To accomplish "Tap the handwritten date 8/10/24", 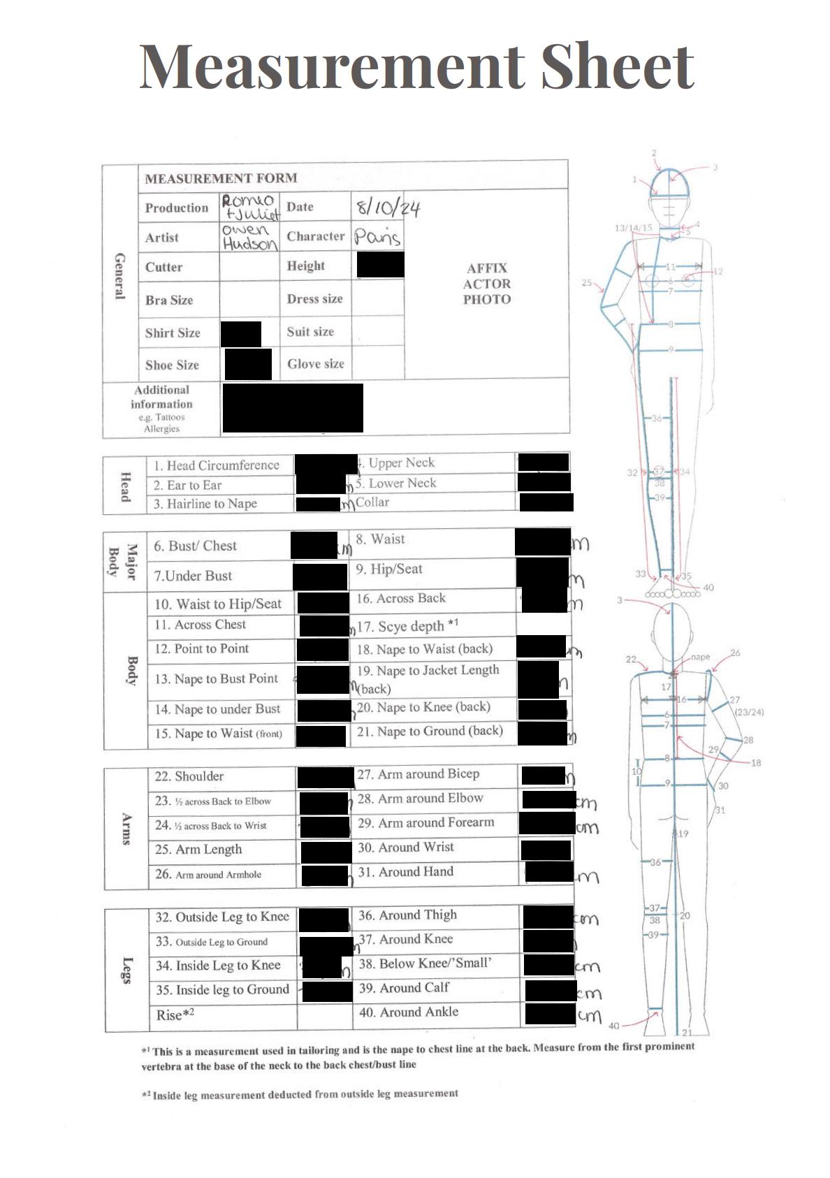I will click(x=387, y=208).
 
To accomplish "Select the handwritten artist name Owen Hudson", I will click(x=249, y=237).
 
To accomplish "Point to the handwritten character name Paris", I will click(x=377, y=237).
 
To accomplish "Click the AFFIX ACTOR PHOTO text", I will click(x=487, y=284).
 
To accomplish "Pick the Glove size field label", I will click(x=315, y=364).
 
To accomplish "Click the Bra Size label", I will click(x=169, y=300).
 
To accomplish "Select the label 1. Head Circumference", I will click(x=217, y=465).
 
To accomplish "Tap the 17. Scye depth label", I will click(x=407, y=626).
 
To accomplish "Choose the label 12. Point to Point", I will click(x=202, y=648).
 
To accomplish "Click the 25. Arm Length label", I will click(x=198, y=850).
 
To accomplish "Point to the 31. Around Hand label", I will click(x=406, y=871).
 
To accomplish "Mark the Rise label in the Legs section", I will click(x=175, y=1015).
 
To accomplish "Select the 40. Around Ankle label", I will click(x=409, y=1012).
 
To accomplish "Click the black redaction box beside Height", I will click(x=380, y=266).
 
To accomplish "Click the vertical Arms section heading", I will click(x=126, y=829).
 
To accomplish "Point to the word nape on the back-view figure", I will click(x=700, y=657).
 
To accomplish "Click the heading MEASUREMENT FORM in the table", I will click(x=221, y=178).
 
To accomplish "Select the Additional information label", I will click(x=161, y=397).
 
